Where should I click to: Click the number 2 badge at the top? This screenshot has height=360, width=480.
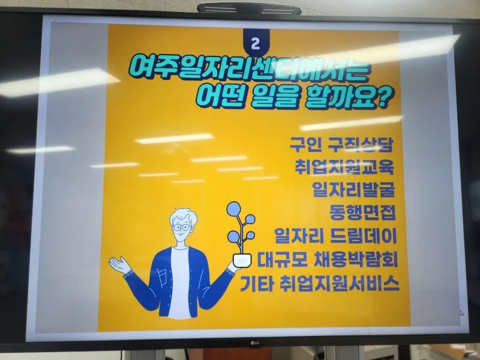pyautogui.click(x=256, y=43)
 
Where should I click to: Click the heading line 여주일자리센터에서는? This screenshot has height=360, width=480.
pyautogui.click(x=250, y=71)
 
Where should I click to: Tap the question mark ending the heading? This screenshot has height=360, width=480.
pyautogui.click(x=386, y=98)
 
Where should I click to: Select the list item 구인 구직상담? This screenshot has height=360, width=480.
pyautogui.click(x=341, y=144)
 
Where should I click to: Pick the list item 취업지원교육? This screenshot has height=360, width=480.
pyautogui.click(x=344, y=167)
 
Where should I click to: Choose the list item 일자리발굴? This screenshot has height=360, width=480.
pyautogui.click(x=353, y=190)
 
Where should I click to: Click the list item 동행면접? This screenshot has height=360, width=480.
pyautogui.click(x=362, y=212)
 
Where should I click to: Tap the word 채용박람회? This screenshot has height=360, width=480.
pyautogui.click(x=356, y=260)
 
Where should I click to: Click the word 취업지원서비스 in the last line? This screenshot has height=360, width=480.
pyautogui.click(x=340, y=284)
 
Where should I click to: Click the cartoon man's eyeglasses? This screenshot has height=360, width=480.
pyautogui.click(x=182, y=227)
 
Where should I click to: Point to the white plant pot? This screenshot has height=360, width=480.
pyautogui.click(x=242, y=260)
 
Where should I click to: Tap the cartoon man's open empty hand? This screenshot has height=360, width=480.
pyautogui.click(x=120, y=265)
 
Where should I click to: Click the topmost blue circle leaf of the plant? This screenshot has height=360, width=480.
pyautogui.click(x=233, y=208)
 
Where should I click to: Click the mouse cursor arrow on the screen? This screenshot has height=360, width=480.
pyautogui.click(x=461, y=313)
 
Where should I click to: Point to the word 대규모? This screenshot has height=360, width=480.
pyautogui.click(x=282, y=260)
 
